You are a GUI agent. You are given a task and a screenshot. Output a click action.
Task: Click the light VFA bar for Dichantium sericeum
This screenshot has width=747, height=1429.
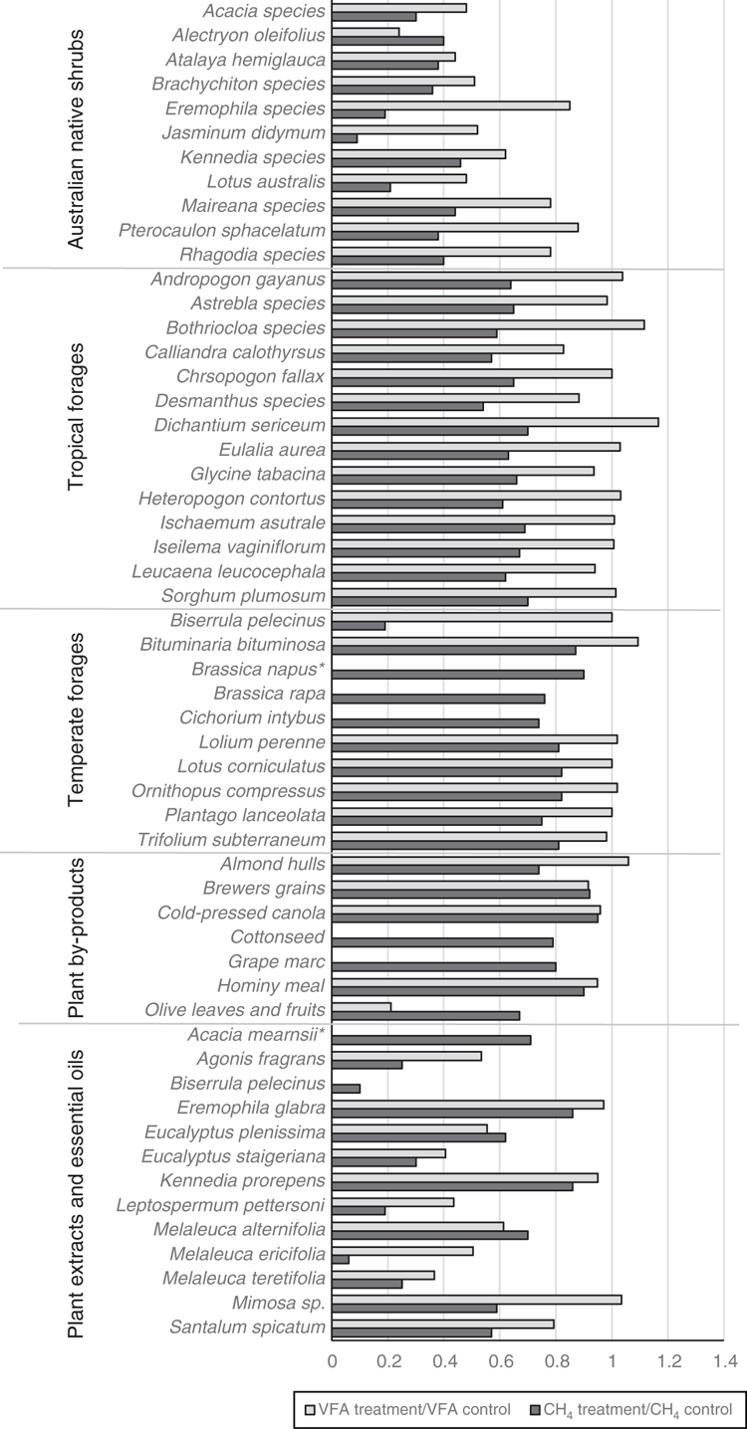[495, 422]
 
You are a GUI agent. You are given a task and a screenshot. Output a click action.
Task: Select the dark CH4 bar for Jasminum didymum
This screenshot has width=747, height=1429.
[345, 138]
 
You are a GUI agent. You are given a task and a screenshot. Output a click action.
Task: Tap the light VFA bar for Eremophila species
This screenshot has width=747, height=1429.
[451, 105]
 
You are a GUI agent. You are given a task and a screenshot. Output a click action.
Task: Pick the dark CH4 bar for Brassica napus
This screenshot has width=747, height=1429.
[458, 675]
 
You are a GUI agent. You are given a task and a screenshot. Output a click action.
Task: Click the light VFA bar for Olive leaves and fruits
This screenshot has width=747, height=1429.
[362, 1007]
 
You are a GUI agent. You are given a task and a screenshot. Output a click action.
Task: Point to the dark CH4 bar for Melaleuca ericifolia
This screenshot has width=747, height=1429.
[341, 1260]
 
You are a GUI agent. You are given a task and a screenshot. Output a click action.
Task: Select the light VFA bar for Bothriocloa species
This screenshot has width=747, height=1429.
[488, 324]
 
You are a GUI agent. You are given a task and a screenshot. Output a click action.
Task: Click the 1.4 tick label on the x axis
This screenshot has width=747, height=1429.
[723, 1362]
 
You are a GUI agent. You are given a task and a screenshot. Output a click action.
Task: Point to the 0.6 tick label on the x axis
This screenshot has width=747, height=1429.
[500, 1362]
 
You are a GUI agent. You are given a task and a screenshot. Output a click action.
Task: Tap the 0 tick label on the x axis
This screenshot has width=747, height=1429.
[332, 1362]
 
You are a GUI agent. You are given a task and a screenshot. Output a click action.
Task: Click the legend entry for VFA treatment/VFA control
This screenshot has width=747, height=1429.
[408, 1409]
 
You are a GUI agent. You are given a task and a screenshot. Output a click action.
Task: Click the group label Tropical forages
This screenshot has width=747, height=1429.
[76, 417]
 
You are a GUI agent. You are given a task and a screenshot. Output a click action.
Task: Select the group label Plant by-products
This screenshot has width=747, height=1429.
[76, 937]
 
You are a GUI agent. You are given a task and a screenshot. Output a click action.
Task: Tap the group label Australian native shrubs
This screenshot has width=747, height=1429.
[76, 138]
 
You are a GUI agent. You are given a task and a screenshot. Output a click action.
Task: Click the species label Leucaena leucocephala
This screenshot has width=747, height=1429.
[228, 571]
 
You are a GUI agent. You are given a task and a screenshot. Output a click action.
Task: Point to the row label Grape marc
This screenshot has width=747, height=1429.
[277, 962]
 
